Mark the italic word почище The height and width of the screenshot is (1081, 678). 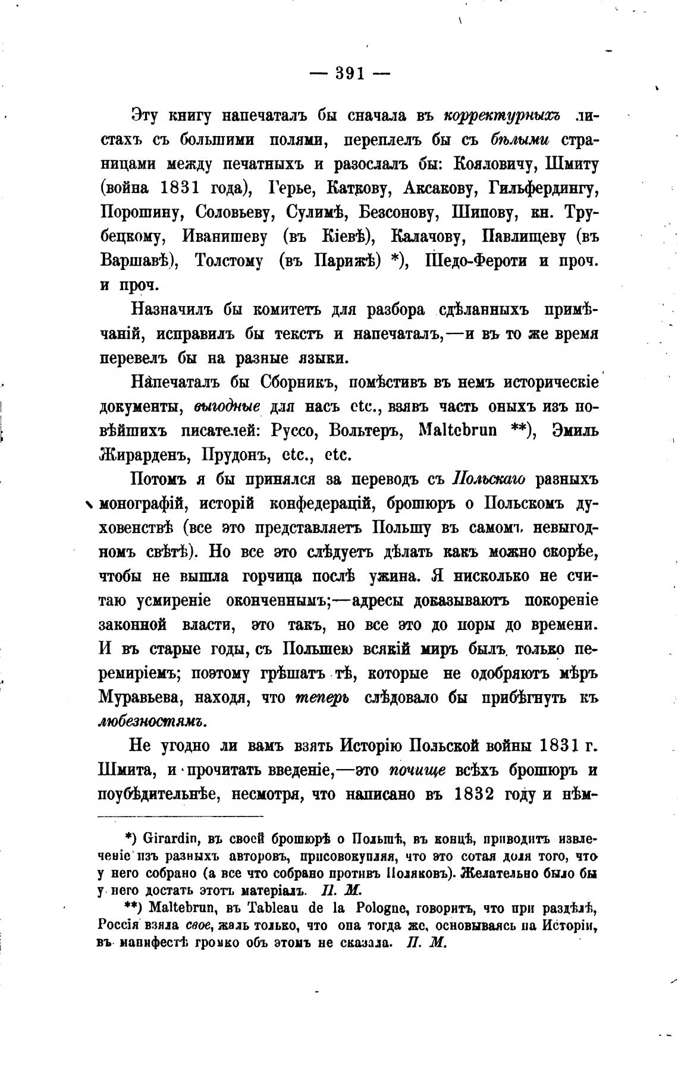click(417, 770)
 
